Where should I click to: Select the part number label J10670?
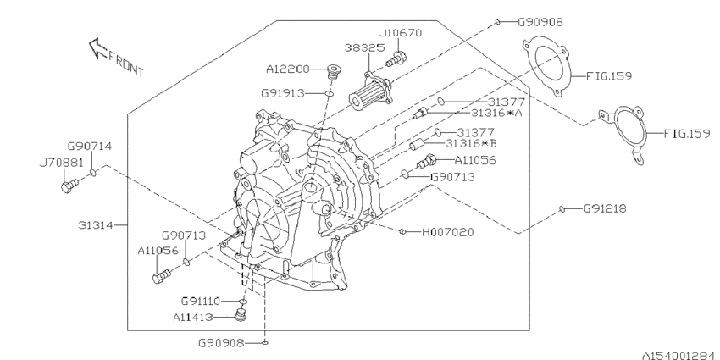400,32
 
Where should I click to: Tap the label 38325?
362,49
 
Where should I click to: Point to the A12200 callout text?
288,68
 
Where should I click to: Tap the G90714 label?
91,147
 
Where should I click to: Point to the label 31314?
95,225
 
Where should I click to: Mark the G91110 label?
202,301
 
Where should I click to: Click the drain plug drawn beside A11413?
239,317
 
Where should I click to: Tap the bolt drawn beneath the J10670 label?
396,59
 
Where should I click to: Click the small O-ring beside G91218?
562,208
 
